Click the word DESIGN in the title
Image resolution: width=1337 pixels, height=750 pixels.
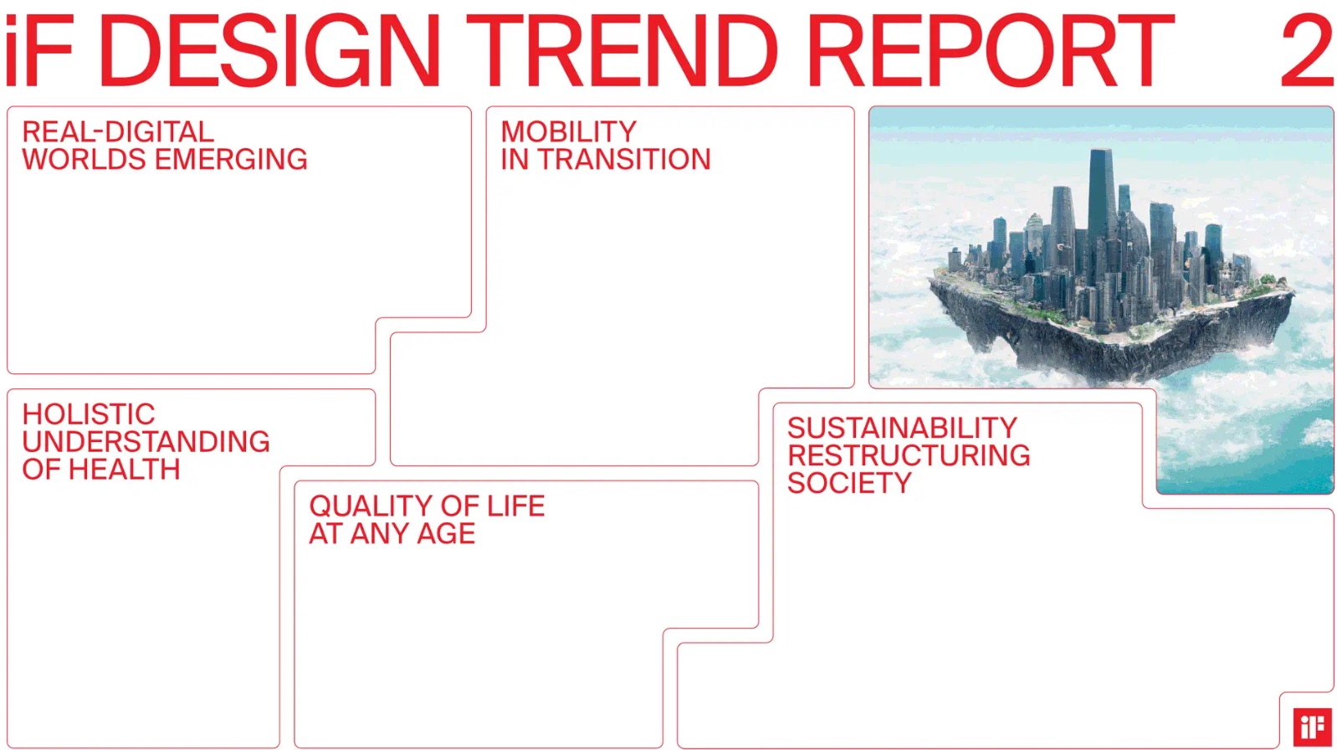click(x=269, y=51)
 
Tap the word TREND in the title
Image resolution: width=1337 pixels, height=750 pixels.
click(x=622, y=51)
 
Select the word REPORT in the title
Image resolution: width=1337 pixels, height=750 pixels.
click(x=991, y=51)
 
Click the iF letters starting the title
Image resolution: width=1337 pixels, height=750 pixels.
click(x=39, y=51)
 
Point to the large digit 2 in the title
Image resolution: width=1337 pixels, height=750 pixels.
click(x=1307, y=51)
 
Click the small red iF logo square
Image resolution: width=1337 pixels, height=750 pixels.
click(x=1313, y=727)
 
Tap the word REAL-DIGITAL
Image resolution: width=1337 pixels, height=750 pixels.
click(x=118, y=132)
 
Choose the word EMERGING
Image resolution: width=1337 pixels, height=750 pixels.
click(x=231, y=159)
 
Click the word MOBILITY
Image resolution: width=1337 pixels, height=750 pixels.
click(x=569, y=132)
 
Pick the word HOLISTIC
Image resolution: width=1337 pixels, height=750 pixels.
click(x=89, y=414)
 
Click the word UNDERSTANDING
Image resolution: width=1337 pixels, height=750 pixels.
click(x=146, y=442)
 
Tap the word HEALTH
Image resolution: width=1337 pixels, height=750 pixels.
click(x=124, y=470)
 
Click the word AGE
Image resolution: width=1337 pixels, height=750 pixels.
click(x=446, y=534)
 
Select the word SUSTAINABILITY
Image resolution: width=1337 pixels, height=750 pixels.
click(x=902, y=428)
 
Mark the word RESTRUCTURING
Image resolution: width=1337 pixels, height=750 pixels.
click(x=909, y=455)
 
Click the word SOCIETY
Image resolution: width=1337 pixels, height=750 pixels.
click(x=849, y=483)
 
